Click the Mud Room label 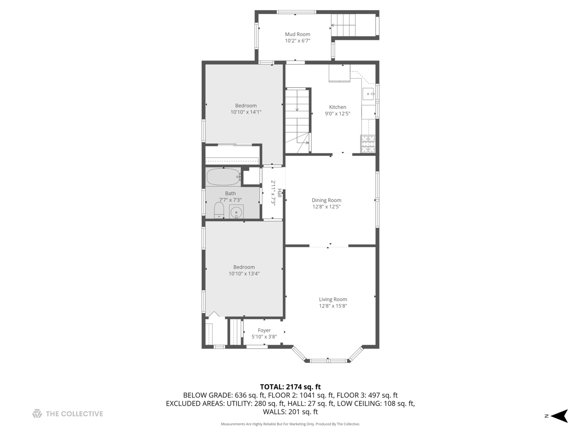click(297, 34)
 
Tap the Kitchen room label click(337, 107)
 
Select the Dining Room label click(326, 200)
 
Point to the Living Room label click(333, 299)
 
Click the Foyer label click(264, 330)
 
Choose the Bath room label click(230, 193)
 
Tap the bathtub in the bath click(224, 176)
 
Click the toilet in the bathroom click(219, 210)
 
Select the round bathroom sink click(236, 212)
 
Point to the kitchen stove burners click(368, 144)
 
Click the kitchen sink click(368, 94)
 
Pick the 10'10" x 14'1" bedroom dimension click(246, 112)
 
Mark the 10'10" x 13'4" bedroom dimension click(244, 273)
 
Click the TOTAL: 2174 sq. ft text click(290, 387)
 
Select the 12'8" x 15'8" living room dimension click(333, 306)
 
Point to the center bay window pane click(328, 360)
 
